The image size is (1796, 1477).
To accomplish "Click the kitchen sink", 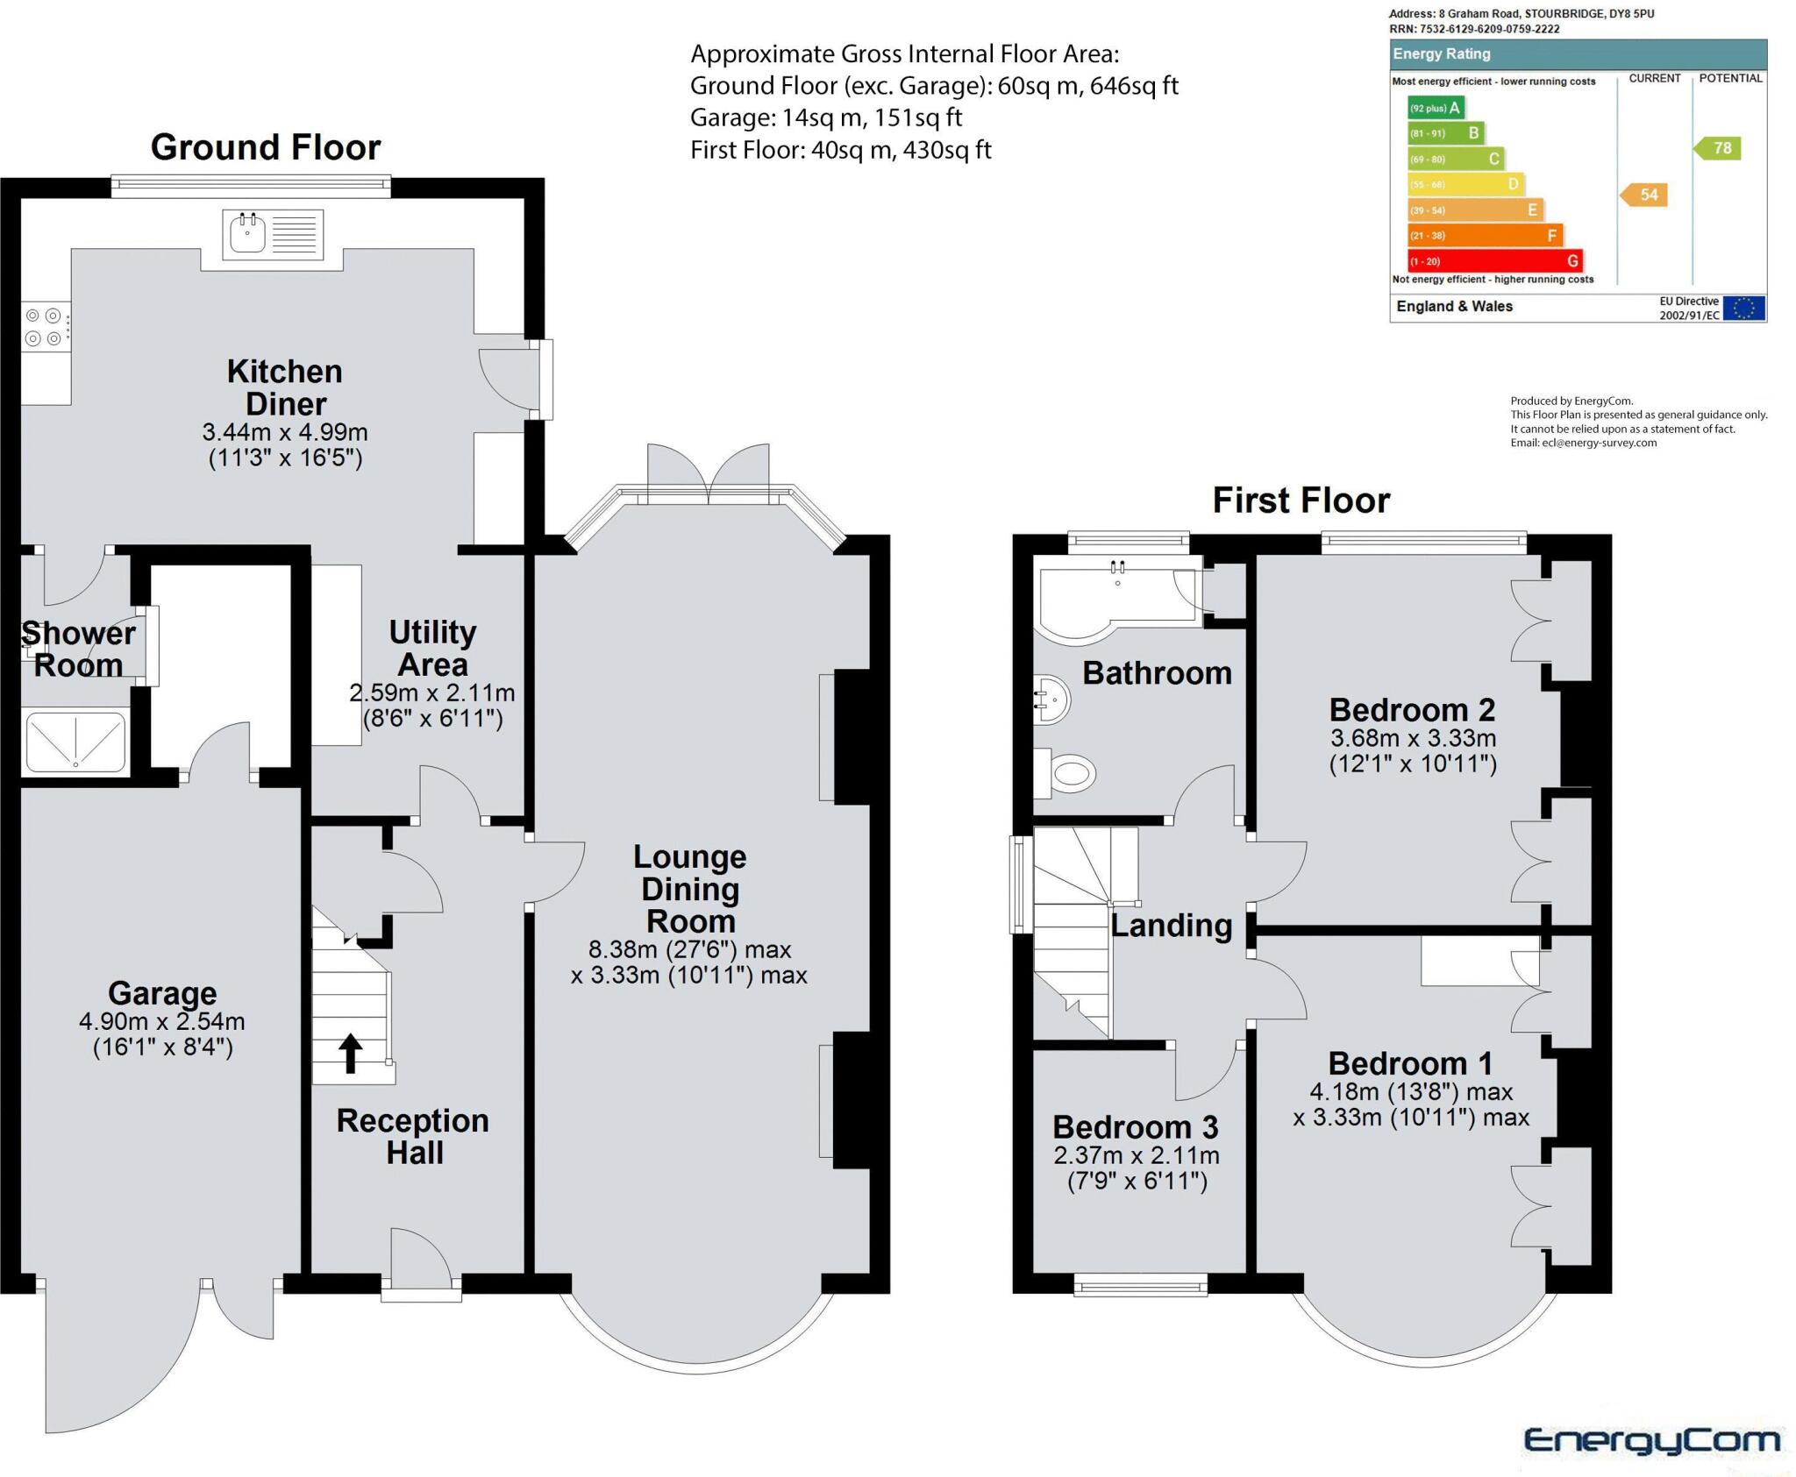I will click(248, 234).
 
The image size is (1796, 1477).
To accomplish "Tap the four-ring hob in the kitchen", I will click(44, 326).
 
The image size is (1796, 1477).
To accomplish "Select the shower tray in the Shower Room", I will click(75, 742).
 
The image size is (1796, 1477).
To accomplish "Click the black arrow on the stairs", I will click(351, 1053).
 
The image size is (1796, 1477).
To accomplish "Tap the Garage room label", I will click(162, 993).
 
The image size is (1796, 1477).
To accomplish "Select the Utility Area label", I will click(432, 648).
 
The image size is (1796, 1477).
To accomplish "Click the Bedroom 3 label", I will click(1135, 1126).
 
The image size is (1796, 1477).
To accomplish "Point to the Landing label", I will click(1172, 926).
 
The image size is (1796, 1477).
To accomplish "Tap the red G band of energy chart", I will click(1495, 261).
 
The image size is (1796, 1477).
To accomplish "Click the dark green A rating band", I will click(1435, 108).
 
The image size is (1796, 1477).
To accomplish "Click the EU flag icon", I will click(1743, 309).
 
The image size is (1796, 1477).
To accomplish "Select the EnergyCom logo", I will click(1651, 1440).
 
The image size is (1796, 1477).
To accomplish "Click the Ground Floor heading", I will click(266, 147).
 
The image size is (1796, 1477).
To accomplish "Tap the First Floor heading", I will click(1301, 501).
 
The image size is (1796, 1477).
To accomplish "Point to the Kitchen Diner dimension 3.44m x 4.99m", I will click(285, 432).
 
